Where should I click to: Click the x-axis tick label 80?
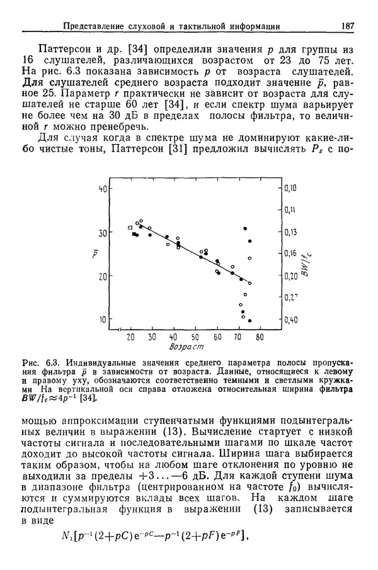(x=260, y=337)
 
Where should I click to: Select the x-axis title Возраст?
(x=188, y=347)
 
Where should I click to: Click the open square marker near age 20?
(x=130, y=227)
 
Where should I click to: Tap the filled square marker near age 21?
(x=134, y=234)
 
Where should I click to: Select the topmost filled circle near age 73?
(x=245, y=228)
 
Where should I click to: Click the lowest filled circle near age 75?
(x=250, y=321)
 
